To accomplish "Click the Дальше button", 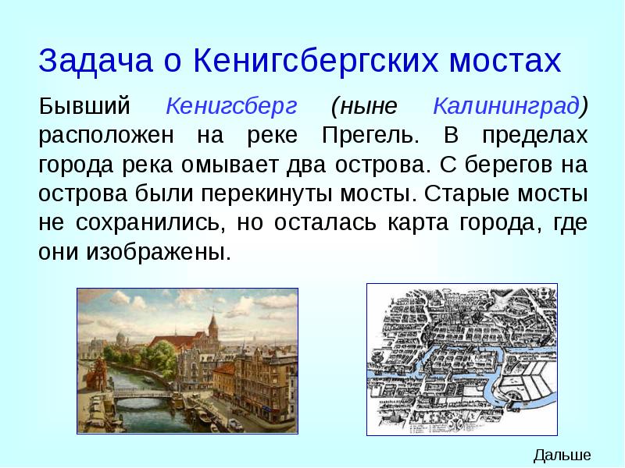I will [x=562, y=456].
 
